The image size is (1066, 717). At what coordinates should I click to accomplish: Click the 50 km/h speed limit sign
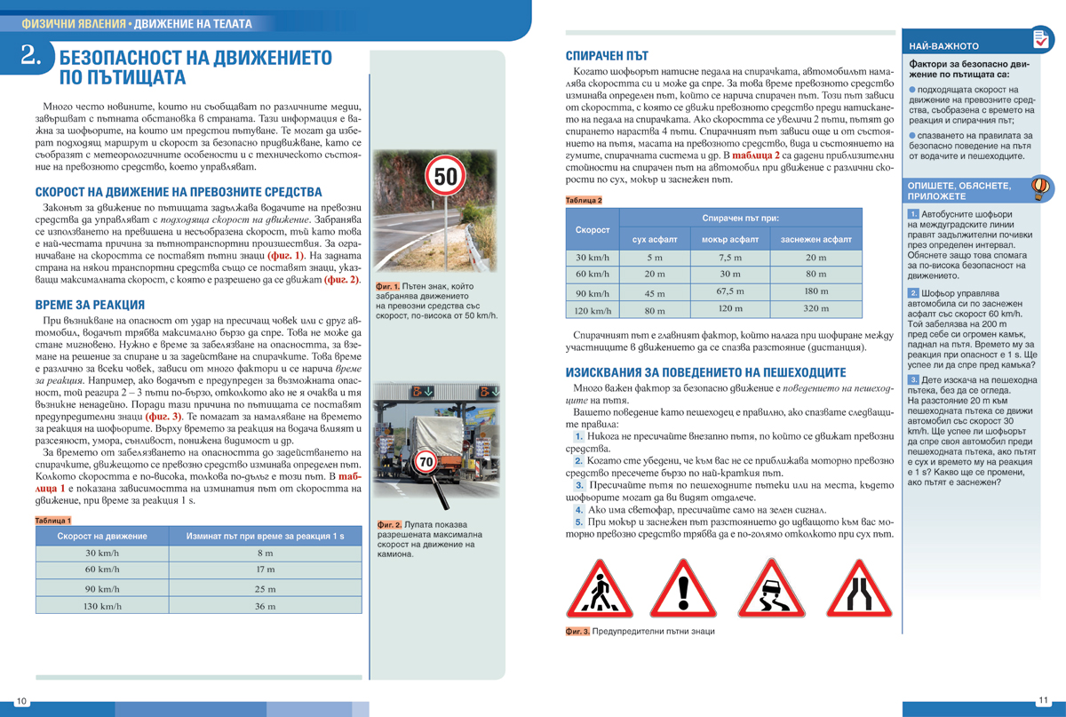click(x=445, y=177)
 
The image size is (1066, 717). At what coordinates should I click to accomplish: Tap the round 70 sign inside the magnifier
click(x=426, y=463)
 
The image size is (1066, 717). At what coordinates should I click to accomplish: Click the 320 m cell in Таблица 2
click(x=815, y=308)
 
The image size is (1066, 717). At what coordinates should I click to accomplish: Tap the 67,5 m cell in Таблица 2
click(x=729, y=291)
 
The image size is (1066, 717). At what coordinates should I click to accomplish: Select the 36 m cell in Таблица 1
click(x=265, y=607)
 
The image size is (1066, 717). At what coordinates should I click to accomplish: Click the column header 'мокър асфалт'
click(x=729, y=240)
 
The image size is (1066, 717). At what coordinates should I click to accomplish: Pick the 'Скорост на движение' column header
click(x=97, y=536)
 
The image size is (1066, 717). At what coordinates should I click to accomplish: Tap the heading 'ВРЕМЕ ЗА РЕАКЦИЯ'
click(x=90, y=305)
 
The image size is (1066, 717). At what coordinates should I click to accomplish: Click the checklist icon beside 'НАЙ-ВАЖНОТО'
click(x=1039, y=39)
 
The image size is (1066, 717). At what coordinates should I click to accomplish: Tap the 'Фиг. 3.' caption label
click(x=577, y=632)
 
